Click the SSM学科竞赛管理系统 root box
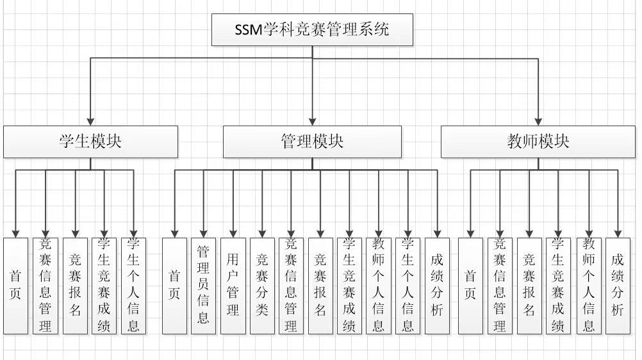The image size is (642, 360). (312, 29)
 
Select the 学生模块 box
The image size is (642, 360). (90, 142)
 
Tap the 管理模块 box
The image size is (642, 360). (312, 142)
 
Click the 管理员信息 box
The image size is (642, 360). (203, 286)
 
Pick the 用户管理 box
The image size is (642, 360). (233, 286)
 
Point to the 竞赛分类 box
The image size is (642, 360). (262, 286)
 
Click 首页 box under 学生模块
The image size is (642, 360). (16, 286)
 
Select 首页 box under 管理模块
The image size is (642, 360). (174, 286)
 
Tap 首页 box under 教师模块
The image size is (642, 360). (470, 286)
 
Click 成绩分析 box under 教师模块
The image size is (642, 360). (618, 286)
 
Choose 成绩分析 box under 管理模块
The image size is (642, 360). (438, 286)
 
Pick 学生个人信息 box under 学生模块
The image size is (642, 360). (133, 286)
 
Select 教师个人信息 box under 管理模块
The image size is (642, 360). (379, 286)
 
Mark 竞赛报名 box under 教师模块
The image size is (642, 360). (529, 286)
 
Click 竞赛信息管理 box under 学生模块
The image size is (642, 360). (45, 286)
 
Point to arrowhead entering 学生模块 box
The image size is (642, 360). (90, 121)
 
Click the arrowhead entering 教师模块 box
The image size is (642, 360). (538, 121)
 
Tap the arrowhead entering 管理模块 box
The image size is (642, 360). (312, 121)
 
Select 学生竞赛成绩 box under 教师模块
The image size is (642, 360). (558, 286)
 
